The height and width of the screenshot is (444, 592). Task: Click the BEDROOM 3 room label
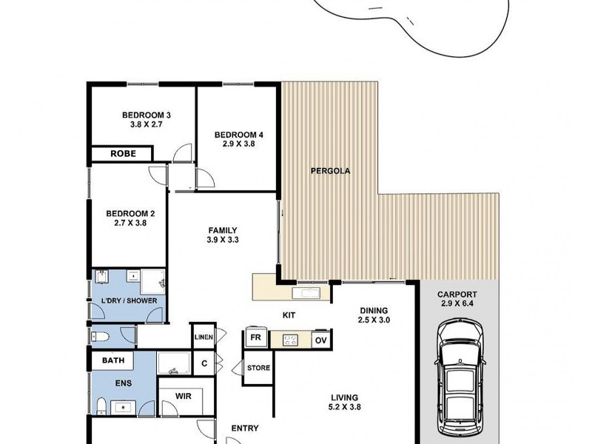[147, 121]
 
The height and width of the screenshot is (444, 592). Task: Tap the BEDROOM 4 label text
[238, 140]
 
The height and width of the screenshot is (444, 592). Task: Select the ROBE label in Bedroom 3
[122, 154]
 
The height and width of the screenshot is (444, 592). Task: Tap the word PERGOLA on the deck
[329, 171]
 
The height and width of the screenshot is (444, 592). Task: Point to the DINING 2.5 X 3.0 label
[374, 315]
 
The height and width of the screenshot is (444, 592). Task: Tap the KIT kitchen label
[289, 315]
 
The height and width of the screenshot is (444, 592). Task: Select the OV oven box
[320, 340]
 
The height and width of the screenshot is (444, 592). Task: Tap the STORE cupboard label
[258, 368]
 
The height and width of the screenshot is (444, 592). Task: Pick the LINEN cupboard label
[203, 337]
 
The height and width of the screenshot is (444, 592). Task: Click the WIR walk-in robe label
[184, 396]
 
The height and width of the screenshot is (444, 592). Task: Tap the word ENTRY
[245, 428]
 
